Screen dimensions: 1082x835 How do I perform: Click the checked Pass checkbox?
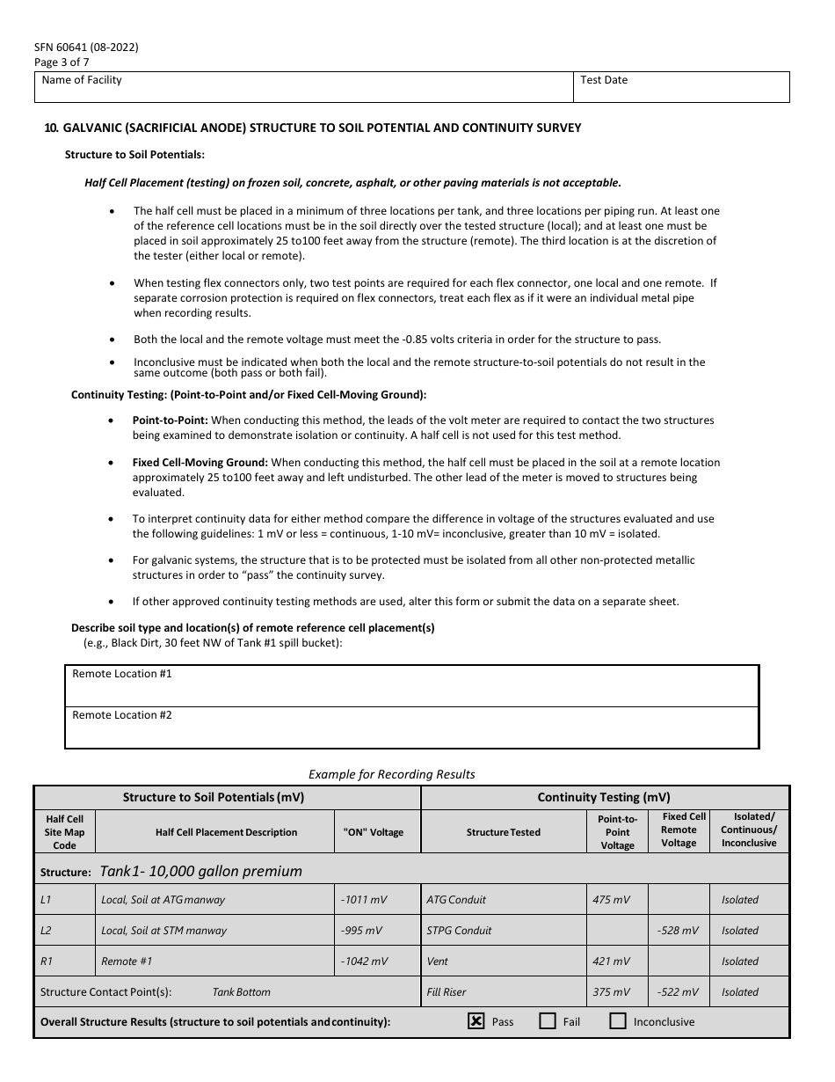tap(476, 1021)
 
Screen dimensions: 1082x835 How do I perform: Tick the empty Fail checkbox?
tap(548, 1021)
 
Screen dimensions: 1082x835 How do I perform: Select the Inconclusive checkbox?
tap(618, 1021)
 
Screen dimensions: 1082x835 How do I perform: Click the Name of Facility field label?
tap(82, 80)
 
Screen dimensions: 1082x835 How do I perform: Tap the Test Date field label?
tap(604, 80)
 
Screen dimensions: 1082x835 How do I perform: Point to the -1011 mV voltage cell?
tap(364, 900)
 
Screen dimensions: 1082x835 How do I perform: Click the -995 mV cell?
tap(361, 931)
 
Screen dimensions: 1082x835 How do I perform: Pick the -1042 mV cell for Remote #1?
tap(364, 961)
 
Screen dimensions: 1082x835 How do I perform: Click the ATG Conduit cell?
tap(456, 900)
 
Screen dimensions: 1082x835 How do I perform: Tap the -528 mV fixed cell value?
tap(678, 931)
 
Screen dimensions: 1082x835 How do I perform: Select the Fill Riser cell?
tap(447, 992)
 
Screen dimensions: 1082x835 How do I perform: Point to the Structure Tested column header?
tap(503, 832)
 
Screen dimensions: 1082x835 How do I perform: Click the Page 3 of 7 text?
tap(62, 62)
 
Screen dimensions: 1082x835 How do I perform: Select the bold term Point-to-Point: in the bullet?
tap(170, 420)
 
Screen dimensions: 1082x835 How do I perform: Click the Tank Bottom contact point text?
tap(242, 992)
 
